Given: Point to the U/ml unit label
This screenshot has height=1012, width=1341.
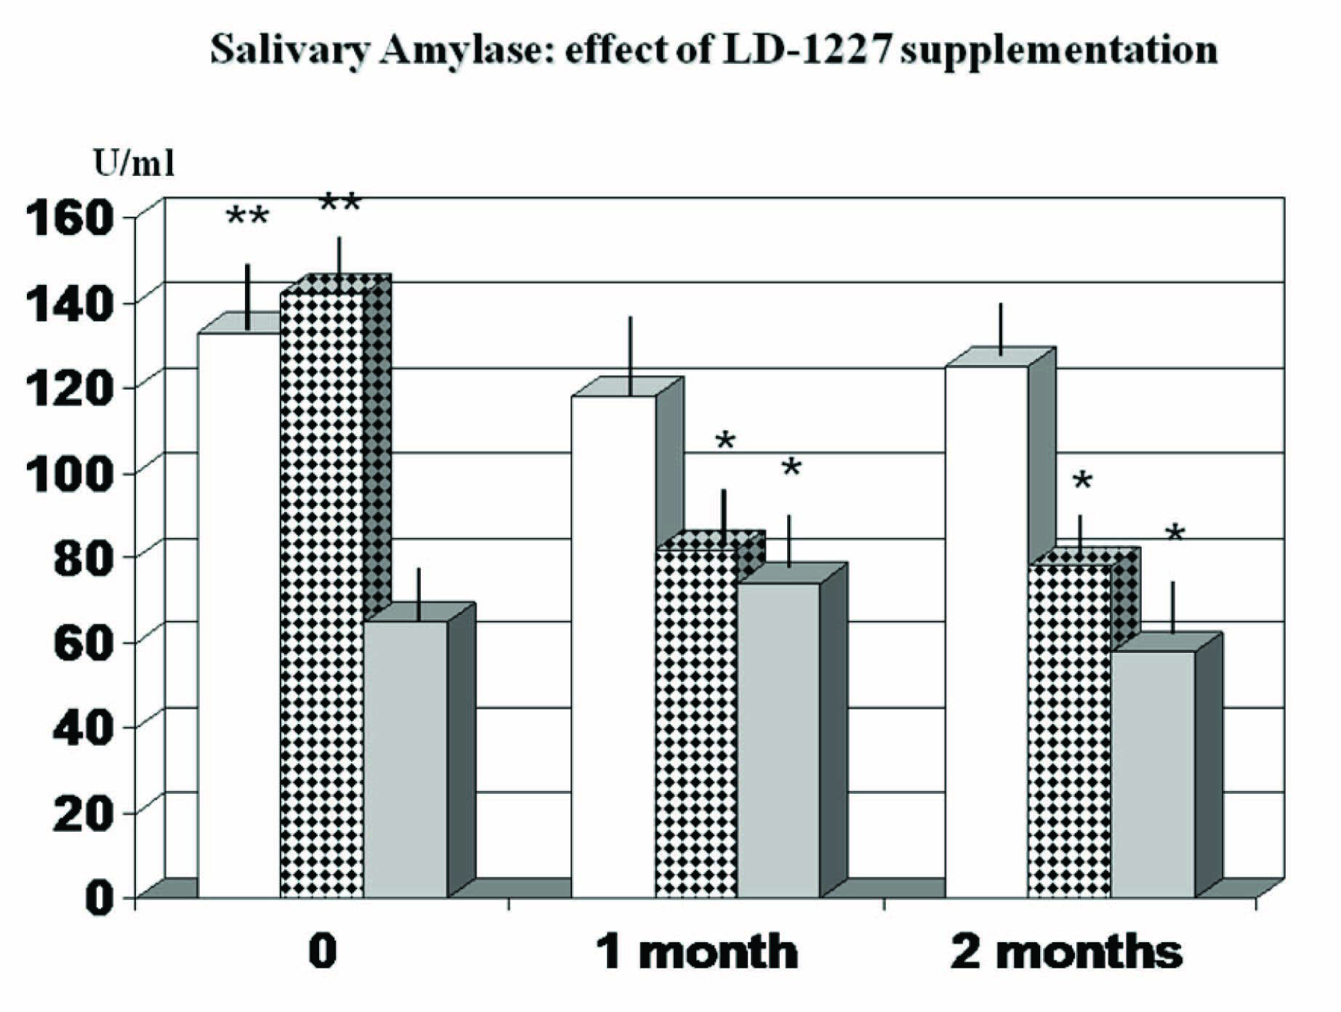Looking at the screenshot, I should (x=134, y=164).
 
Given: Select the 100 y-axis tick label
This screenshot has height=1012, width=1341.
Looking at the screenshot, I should (x=70, y=473).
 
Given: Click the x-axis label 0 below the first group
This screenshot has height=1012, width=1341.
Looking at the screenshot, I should (x=322, y=951).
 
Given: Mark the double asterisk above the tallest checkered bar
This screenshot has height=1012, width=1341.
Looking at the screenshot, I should (x=339, y=203).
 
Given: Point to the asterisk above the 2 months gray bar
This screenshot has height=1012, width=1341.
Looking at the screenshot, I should (x=1175, y=534).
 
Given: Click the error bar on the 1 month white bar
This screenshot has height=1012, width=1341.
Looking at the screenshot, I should (x=631, y=356).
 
